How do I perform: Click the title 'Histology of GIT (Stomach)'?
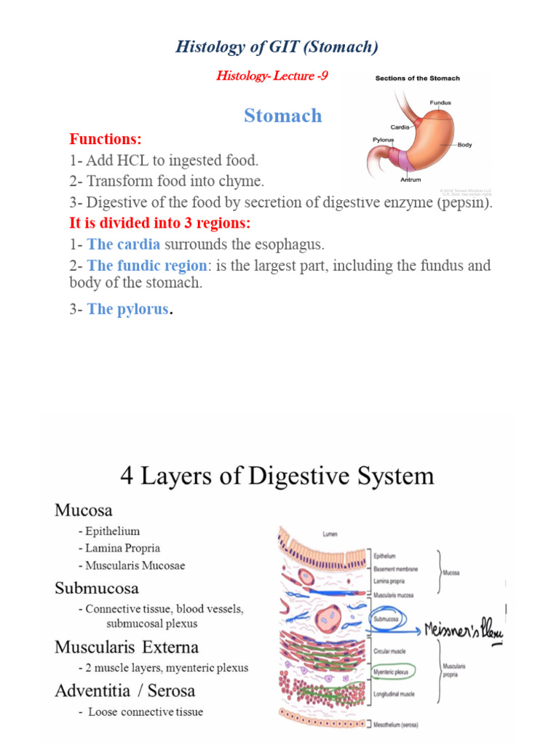(277, 48)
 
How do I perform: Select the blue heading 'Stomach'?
(282, 116)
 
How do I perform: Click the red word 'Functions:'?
(106, 139)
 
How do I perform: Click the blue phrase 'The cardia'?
(123, 244)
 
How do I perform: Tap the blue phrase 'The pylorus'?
(127, 309)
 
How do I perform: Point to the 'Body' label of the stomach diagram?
(464, 145)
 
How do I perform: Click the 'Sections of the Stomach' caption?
(417, 78)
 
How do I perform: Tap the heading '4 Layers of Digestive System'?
(277, 477)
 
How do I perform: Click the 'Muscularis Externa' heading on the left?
(126, 647)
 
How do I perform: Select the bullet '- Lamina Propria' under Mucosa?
(119, 548)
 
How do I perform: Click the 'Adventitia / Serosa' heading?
(124, 690)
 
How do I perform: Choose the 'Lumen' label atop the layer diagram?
(330, 533)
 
